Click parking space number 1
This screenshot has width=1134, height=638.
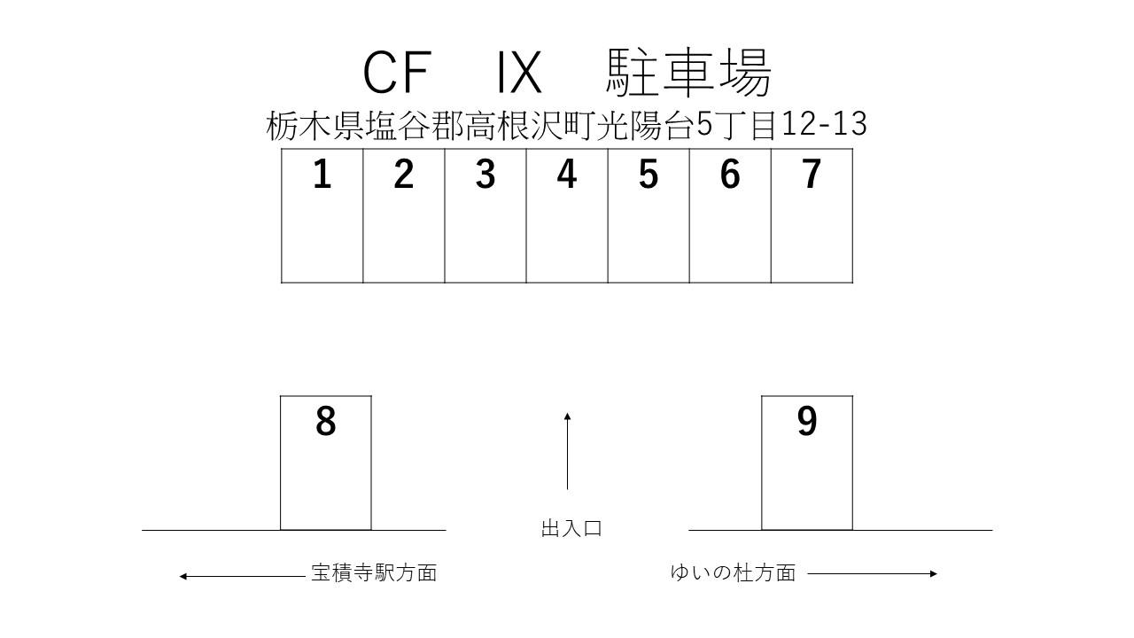click(322, 215)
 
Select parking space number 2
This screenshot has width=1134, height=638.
click(403, 215)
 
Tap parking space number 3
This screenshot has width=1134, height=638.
click(485, 215)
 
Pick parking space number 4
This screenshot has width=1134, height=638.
click(567, 215)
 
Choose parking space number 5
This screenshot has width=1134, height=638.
click(649, 215)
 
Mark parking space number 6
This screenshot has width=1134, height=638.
click(730, 215)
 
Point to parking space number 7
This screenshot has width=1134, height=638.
click(812, 215)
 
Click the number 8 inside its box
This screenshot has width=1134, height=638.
click(326, 422)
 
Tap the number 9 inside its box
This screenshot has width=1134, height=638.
click(806, 422)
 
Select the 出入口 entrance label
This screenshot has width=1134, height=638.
click(571, 529)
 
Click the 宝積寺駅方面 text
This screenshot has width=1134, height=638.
click(374, 572)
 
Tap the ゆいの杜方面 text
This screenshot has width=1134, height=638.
click(733, 572)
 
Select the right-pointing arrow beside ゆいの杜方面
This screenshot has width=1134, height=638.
click(872, 573)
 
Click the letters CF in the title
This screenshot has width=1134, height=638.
click(396, 73)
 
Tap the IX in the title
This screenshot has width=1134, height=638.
click(519, 73)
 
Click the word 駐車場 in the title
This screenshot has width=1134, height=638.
click(689, 73)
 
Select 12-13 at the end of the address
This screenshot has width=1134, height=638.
click(824, 124)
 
